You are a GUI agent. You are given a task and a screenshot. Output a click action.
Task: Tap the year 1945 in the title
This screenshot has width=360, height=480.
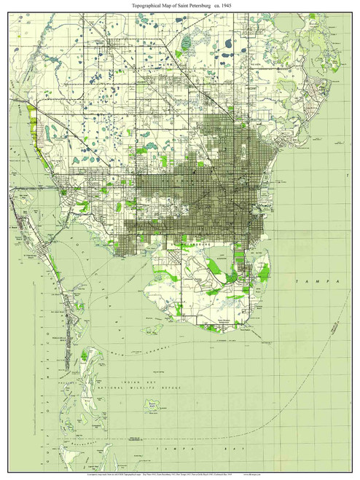coord(229,7)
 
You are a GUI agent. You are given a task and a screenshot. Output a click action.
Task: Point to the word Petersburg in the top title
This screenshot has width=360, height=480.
coord(199,7)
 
